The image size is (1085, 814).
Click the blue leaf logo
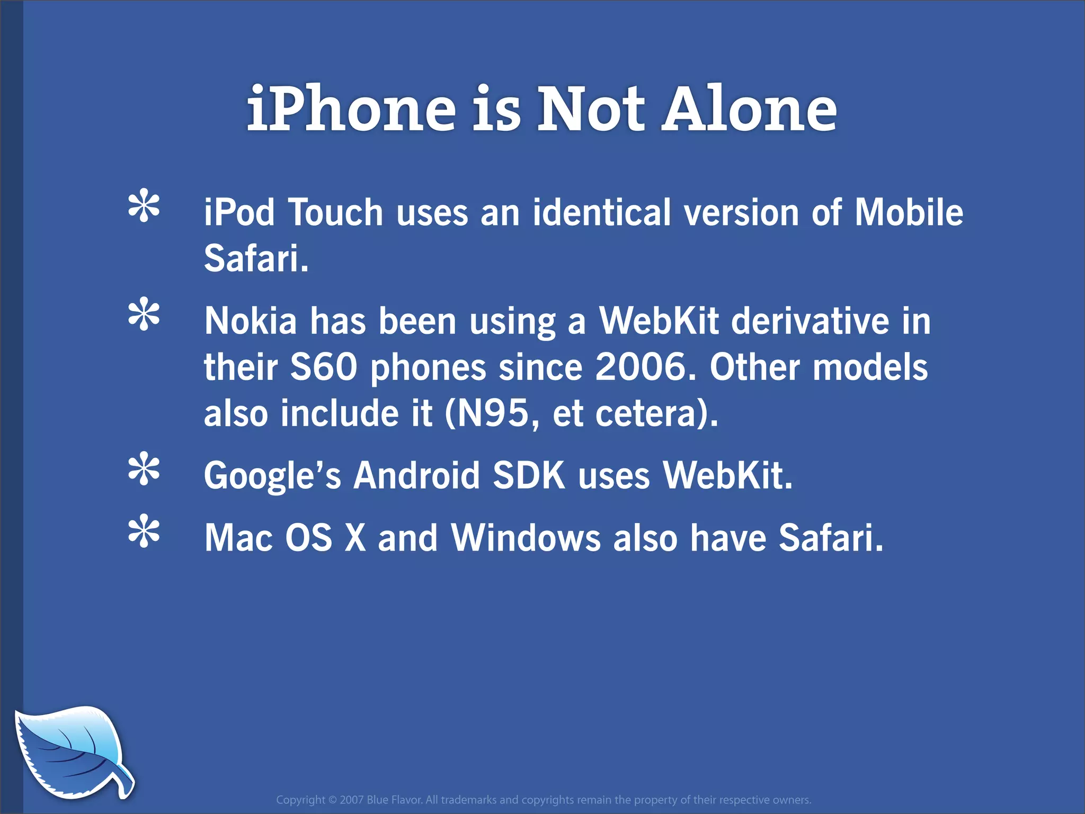(72, 751)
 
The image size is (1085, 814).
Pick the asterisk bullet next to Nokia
(144, 316)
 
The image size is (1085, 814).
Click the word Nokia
(251, 321)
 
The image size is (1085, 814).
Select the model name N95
(493, 413)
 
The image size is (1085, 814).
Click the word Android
(416, 475)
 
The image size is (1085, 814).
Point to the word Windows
(526, 537)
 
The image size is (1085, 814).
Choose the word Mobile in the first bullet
(909, 212)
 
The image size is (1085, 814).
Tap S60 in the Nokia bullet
(324, 367)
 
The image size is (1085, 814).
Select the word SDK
(529, 475)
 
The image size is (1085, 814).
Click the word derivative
(811, 321)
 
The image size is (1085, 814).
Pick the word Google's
(273, 476)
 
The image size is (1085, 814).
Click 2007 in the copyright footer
(351, 800)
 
